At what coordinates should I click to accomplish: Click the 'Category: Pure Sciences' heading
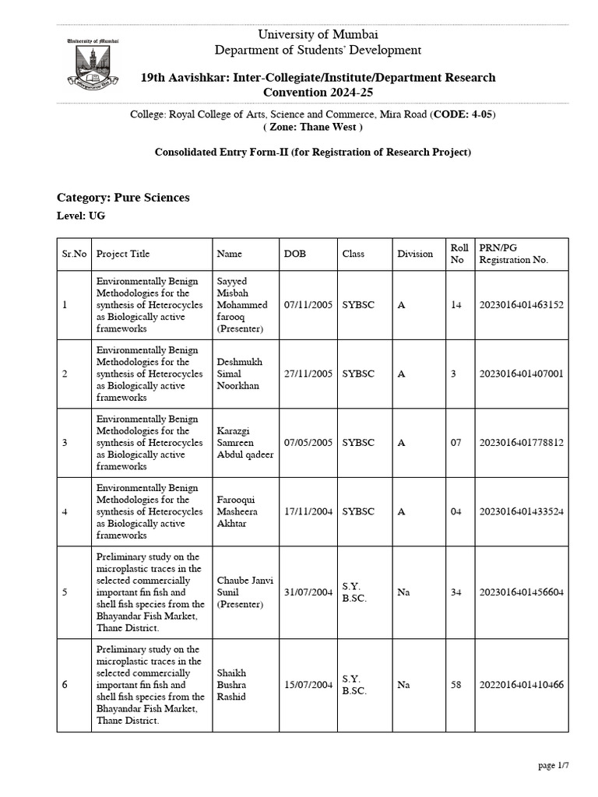point(123,198)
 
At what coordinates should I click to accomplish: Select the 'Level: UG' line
point(81,216)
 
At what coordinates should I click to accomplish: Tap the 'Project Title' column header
point(123,254)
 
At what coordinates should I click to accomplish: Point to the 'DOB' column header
point(295,254)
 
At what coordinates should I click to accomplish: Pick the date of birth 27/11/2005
point(308,374)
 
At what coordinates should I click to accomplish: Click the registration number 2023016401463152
point(522,305)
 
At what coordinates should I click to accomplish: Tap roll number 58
point(456,685)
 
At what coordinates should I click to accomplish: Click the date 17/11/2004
point(308,511)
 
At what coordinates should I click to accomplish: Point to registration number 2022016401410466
point(522,685)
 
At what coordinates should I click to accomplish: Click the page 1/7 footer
point(554,766)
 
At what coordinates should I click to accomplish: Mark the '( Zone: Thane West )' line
point(312,127)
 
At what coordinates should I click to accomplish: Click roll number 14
point(456,305)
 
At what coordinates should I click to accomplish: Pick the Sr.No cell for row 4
point(65,511)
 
